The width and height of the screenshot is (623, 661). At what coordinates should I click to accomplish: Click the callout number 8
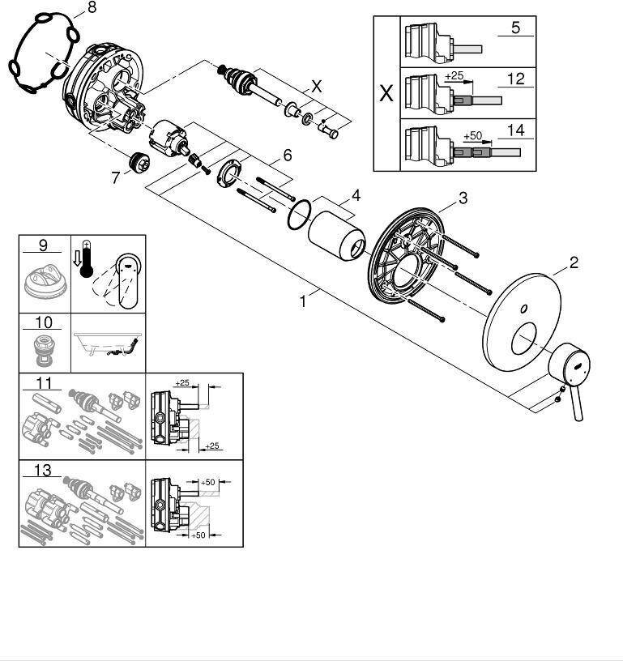click(x=91, y=7)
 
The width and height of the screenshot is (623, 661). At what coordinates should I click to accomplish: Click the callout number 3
click(x=463, y=198)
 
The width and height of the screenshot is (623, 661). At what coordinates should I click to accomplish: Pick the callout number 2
click(x=573, y=262)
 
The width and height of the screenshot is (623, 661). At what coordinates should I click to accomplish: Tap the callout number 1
click(x=303, y=301)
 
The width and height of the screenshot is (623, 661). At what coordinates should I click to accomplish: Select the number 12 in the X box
click(x=515, y=79)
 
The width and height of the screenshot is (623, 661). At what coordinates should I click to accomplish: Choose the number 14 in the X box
click(x=515, y=129)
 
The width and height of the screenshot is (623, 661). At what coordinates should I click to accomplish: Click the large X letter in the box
click(x=386, y=93)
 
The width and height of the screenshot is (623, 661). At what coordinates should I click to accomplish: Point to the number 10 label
click(x=43, y=322)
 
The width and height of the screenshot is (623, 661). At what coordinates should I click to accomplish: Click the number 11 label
click(x=43, y=382)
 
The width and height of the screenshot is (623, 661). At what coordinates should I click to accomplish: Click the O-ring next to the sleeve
click(x=299, y=212)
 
